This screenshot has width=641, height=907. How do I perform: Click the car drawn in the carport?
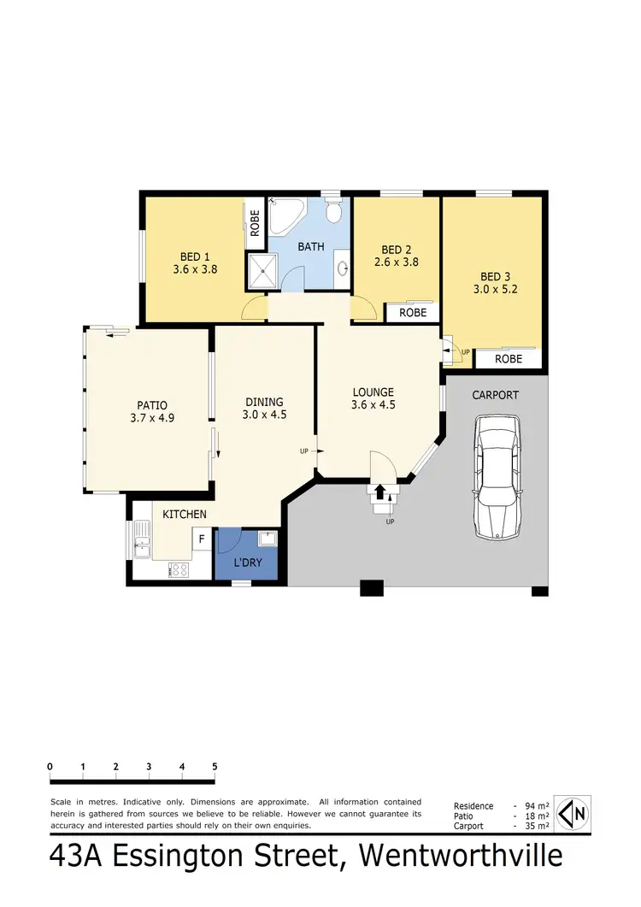pos(497,477)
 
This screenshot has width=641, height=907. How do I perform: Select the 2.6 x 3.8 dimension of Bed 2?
pos(396,263)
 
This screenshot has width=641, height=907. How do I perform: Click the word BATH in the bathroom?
pos(310,247)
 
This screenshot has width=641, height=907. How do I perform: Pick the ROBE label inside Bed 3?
pos(509,360)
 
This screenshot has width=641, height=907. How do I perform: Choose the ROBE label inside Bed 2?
pos(412,313)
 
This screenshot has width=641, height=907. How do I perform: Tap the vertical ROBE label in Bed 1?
pos(255,224)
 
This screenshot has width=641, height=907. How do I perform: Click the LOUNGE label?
pos(373,392)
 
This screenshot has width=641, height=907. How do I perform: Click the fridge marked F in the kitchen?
pos(202,539)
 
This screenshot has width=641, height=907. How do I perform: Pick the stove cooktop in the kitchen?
pos(179,570)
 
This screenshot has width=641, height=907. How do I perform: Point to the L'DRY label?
pos(248,565)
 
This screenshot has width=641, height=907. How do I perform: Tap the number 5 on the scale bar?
pos(215,767)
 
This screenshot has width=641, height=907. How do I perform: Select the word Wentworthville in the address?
pos(461,857)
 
